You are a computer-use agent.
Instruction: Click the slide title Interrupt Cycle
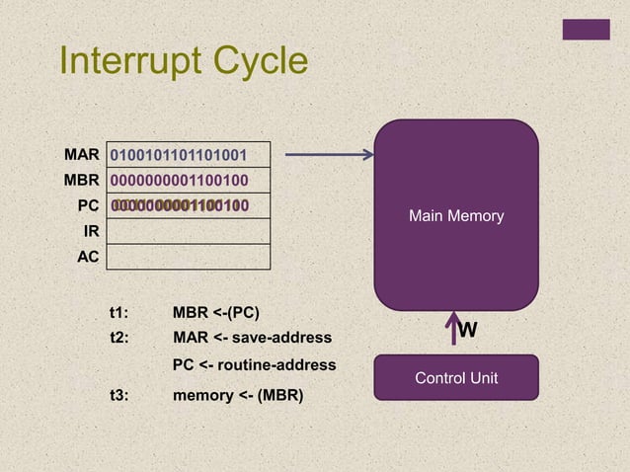pyautogui.click(x=184, y=62)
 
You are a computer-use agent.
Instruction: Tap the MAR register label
pyautogui.click(x=82, y=155)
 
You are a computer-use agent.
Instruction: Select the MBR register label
pyautogui.click(x=82, y=180)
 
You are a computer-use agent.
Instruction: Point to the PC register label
pyautogui.click(x=89, y=205)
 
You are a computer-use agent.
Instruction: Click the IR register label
pyautogui.click(x=91, y=231)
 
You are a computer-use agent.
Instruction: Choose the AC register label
pyautogui.click(x=89, y=257)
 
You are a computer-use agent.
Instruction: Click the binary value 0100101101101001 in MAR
pyautogui.click(x=179, y=156)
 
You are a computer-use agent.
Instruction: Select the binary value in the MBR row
pyautogui.click(x=179, y=181)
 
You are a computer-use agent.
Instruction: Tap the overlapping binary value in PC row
pyautogui.click(x=179, y=205)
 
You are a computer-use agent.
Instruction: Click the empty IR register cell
pyautogui.click(x=188, y=231)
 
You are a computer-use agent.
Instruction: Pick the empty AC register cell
pyautogui.click(x=188, y=257)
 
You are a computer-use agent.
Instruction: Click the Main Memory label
pyautogui.click(x=456, y=215)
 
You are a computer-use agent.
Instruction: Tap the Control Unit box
pyautogui.click(x=456, y=378)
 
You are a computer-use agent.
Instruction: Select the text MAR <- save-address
pyautogui.click(x=252, y=339)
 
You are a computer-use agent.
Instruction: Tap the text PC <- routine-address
pyautogui.click(x=254, y=365)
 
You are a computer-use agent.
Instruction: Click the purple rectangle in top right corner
pyautogui.click(x=586, y=30)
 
